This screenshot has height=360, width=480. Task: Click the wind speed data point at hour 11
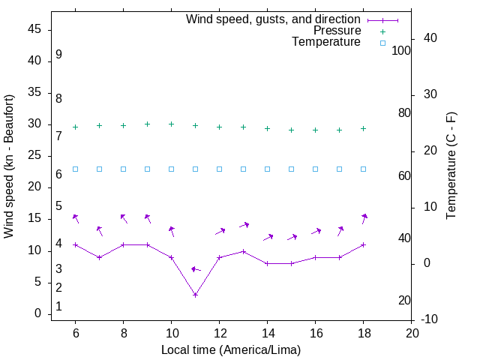[195, 295]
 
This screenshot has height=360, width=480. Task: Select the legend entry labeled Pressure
[337, 31]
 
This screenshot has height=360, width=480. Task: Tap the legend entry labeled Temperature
[326, 43]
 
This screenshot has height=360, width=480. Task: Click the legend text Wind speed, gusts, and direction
[273, 19]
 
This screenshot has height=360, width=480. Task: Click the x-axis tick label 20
[411, 333]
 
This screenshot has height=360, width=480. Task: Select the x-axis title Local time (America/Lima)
[231, 349]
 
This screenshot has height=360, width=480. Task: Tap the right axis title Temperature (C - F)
[451, 166]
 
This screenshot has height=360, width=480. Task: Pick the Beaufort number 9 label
[58, 55]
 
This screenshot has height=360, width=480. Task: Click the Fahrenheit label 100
[402, 51]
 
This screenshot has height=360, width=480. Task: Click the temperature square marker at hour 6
[75, 169]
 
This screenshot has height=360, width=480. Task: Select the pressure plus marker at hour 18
[363, 128]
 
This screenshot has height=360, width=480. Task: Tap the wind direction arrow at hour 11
[196, 269]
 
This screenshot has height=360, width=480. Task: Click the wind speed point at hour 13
[243, 251]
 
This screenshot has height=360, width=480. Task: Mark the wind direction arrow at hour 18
[364, 218]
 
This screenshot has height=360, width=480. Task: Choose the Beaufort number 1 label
[58, 307]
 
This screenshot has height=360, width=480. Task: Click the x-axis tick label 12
[219, 333]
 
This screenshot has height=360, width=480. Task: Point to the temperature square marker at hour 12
[219, 169]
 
